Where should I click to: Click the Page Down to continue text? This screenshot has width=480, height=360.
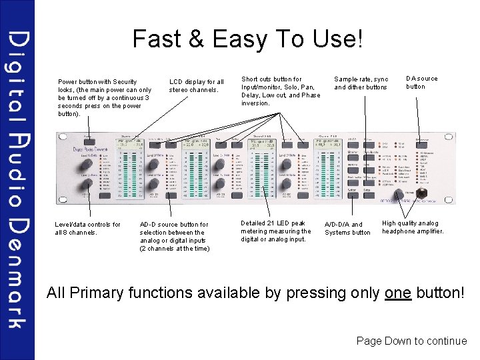(x=411, y=341)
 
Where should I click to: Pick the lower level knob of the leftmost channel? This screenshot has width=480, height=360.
(x=87, y=184)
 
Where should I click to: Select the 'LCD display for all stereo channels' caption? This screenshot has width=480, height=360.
(x=196, y=85)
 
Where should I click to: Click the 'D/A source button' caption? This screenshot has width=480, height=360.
(x=422, y=82)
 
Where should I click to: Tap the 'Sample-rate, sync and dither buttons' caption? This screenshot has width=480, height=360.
(x=361, y=83)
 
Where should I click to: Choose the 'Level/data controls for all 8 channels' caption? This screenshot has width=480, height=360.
(x=87, y=229)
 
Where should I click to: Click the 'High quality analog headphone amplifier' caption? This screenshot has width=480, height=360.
(x=413, y=227)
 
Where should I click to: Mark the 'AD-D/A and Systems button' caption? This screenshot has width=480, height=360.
(x=347, y=229)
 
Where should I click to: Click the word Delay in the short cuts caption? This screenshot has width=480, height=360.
(x=251, y=95)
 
